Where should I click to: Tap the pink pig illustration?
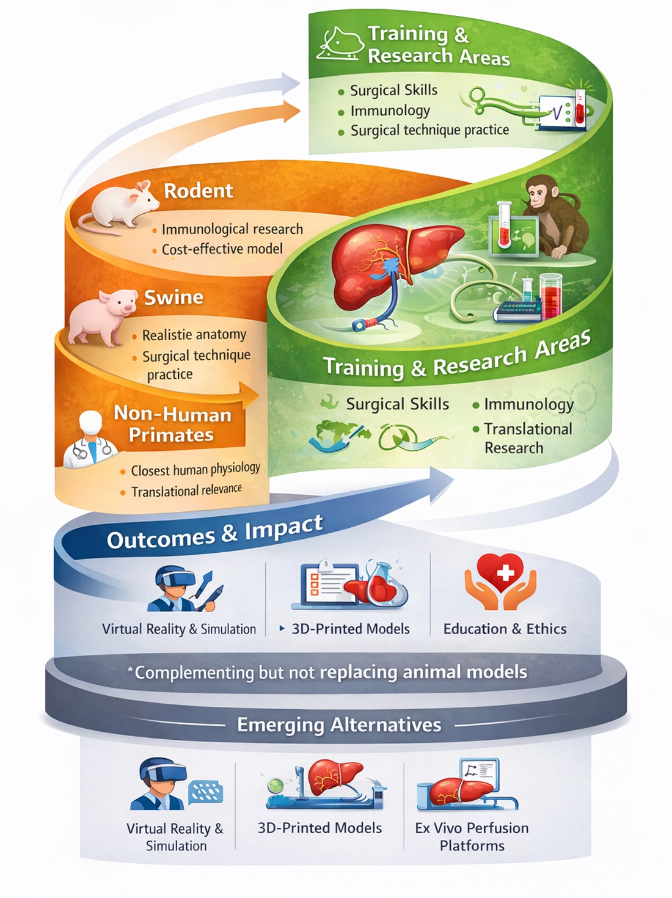[x=102, y=316]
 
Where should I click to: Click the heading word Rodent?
[x=199, y=191]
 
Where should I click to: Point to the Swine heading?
[x=174, y=297]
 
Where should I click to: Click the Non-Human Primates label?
[x=172, y=424]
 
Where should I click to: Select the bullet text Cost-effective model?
[x=222, y=249]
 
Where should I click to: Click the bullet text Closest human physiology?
[x=195, y=469]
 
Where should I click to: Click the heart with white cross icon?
[x=500, y=582]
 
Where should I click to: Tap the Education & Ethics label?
[x=505, y=629]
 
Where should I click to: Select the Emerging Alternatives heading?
[x=339, y=725]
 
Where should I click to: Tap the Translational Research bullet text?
[x=528, y=438]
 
